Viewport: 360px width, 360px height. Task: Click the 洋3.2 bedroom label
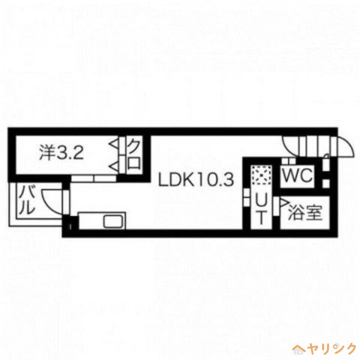coord(61,153)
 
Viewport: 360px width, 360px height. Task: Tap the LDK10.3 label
coord(196,180)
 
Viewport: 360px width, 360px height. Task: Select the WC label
coord(297,176)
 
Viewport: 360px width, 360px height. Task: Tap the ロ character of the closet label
coord(134,162)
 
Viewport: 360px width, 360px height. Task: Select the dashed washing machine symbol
coord(261,175)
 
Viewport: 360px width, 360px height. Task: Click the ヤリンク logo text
coord(331,348)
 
